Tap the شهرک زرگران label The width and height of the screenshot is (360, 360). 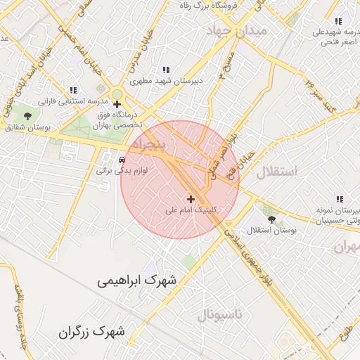coord(92,330)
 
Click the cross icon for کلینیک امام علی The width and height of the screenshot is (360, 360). coord(191,200)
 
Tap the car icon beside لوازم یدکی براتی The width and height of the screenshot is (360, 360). coord(123,159)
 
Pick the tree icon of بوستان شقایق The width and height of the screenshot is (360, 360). coord(27,115)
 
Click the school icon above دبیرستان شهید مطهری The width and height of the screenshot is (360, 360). coord(166,70)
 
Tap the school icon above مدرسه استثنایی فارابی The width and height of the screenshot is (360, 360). coord(73,90)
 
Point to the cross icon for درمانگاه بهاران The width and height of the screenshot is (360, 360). coord(117,105)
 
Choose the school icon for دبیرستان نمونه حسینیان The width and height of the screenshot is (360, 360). coord(340,199)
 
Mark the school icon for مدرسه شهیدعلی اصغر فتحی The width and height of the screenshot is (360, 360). coord(338,21)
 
